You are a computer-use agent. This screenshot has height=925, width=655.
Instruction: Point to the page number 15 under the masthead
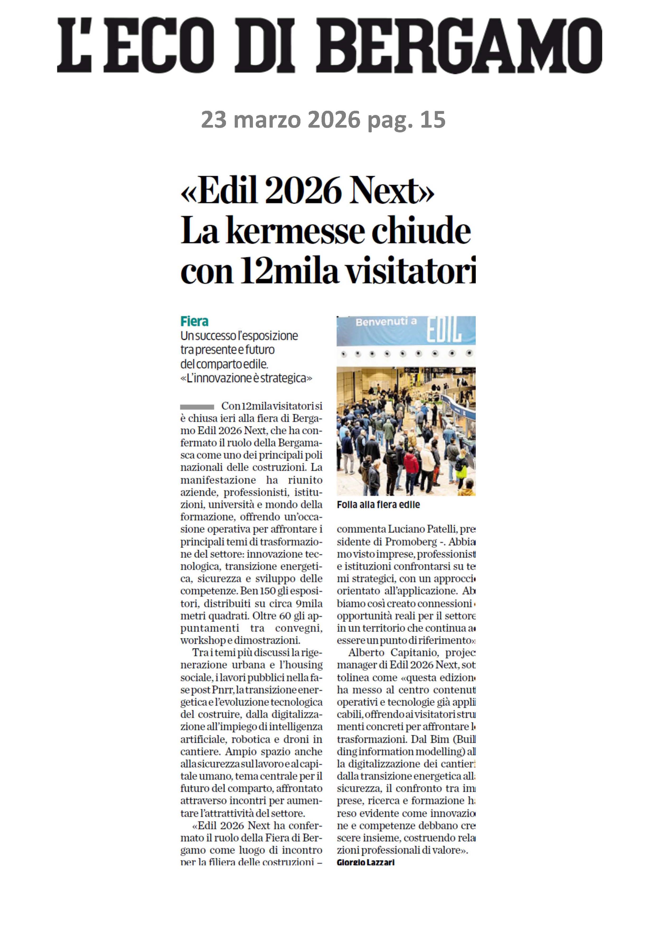[432, 120]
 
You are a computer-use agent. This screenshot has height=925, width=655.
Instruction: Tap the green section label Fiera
[194, 321]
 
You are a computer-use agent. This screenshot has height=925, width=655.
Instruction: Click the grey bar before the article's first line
[197, 407]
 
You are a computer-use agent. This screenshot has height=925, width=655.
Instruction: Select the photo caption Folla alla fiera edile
[378, 505]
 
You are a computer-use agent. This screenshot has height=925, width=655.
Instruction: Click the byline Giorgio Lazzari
[365, 862]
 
